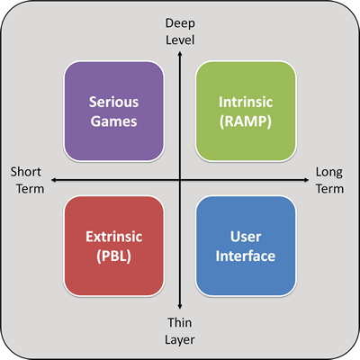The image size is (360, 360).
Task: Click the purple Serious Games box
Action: [x=113, y=112]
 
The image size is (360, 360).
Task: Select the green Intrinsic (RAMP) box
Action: [x=246, y=112]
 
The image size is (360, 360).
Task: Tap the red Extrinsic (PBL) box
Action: [x=113, y=246]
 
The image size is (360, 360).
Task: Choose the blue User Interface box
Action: [x=246, y=246]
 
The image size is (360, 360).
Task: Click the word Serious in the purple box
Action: [x=113, y=102]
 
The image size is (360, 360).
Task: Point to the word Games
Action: [x=113, y=121]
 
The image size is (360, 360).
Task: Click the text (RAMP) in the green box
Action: [x=246, y=121]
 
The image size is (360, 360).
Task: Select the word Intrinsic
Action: [x=246, y=102]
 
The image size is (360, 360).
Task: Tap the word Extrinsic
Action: [x=114, y=237]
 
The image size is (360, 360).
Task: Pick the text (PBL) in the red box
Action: [x=114, y=256]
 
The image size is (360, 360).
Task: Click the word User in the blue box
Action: [x=246, y=237]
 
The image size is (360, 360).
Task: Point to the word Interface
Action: [x=246, y=256]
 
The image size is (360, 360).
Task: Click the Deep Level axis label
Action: [x=180, y=31]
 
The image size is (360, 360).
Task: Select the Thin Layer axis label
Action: [x=180, y=331]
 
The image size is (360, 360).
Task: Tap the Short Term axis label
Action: [x=27, y=180]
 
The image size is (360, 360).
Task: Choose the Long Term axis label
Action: [x=329, y=180]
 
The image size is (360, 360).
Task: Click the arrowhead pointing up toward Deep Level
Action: [x=180, y=54]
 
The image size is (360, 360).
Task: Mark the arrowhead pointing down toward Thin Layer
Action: [x=180, y=306]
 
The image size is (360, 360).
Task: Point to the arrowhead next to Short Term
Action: [x=54, y=180]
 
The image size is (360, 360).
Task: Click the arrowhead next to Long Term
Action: [x=306, y=180]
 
